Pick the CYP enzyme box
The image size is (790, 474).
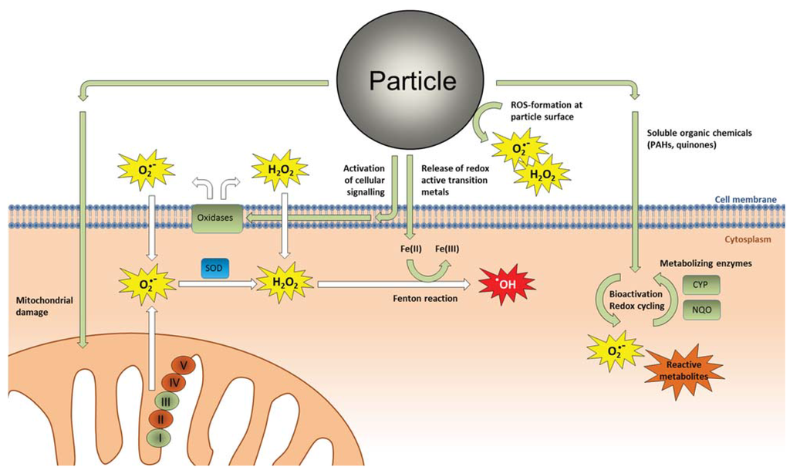(701, 285)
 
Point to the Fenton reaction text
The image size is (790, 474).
(419, 298)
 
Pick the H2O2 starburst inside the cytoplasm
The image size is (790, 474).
(283, 283)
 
